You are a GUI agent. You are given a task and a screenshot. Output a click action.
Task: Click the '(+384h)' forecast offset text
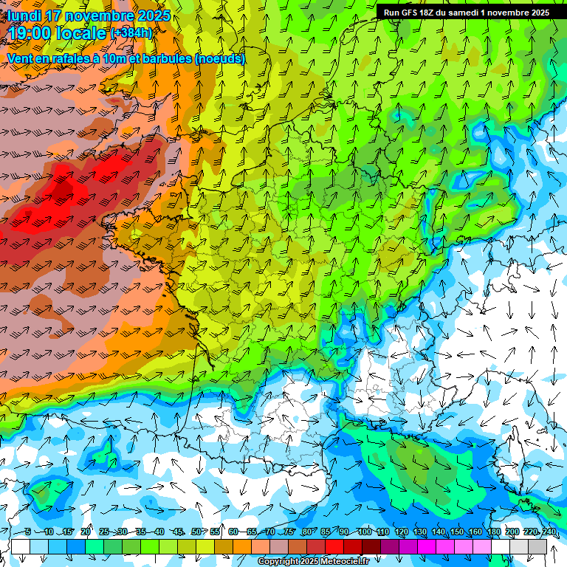click(x=131, y=33)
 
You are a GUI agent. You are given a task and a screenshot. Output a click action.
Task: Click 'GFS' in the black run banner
click(x=410, y=13)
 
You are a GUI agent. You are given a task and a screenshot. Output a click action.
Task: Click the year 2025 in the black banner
click(x=537, y=13)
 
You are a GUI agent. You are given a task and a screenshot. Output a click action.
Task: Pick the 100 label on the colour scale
click(x=365, y=532)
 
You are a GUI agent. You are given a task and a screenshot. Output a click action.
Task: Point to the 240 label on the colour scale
click(x=549, y=532)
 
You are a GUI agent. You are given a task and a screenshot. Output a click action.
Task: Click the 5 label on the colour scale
click(x=28, y=532)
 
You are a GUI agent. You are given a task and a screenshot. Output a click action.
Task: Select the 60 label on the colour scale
click(x=233, y=532)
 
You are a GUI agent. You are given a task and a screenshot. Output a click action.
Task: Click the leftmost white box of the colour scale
click(x=21, y=546)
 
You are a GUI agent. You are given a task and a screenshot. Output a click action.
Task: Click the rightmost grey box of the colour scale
click(x=537, y=546)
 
